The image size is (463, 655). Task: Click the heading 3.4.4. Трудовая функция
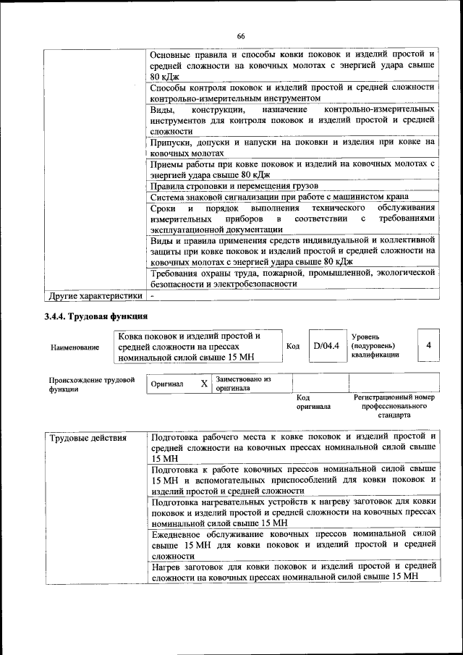96,316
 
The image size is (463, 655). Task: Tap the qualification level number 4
428,346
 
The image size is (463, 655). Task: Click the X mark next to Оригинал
204,384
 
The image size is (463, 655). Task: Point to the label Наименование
75,347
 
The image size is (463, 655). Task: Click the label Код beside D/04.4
293,346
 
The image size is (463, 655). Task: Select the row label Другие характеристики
95,295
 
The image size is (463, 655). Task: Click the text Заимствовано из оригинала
242,384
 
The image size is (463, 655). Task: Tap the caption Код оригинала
313,402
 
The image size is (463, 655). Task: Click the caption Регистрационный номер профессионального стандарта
394,407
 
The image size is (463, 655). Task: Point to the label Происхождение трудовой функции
92,384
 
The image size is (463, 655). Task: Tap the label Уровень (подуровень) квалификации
375,346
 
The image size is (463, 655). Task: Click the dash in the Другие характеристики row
152,295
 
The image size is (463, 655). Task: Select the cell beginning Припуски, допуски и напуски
292,148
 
